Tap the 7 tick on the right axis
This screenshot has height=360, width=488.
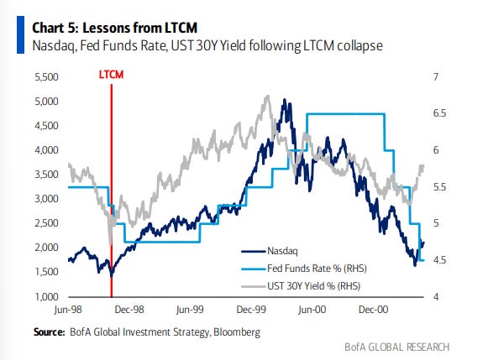point(436,77)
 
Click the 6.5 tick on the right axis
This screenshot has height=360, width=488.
point(439,114)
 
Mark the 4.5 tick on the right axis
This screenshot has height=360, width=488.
point(439,261)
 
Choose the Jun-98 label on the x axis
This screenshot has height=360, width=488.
point(66,310)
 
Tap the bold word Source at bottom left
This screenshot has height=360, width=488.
point(48,332)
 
